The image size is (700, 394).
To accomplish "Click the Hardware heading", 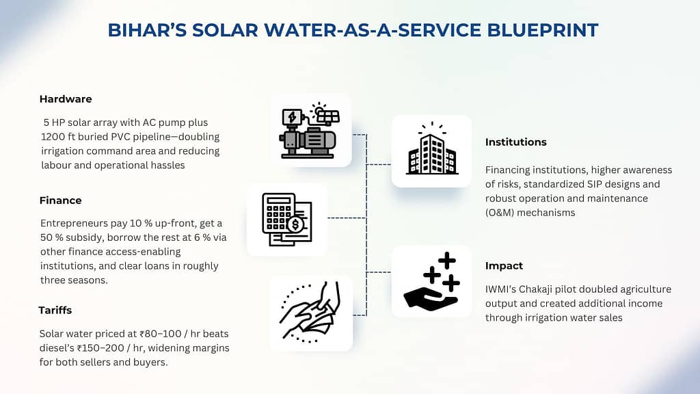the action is click(x=66, y=99).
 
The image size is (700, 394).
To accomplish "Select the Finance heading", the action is click(x=60, y=200).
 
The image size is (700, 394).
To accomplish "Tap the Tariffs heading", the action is click(x=55, y=310).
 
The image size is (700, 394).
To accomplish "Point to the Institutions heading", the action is click(x=515, y=142).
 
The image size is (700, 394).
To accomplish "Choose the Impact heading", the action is click(x=504, y=266).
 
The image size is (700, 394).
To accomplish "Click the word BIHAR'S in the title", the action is click(x=147, y=30).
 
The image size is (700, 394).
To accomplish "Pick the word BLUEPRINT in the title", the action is click(x=542, y=30).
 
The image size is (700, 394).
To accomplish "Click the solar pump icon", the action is click(x=310, y=131).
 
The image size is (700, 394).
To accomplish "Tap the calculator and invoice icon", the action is click(x=287, y=220).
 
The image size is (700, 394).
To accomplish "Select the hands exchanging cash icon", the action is click(x=311, y=313).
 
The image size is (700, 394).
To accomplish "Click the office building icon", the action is click(x=432, y=150).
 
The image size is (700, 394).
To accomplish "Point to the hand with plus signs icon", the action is click(x=431, y=281).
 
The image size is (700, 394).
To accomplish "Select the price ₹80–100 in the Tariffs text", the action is click(x=161, y=334).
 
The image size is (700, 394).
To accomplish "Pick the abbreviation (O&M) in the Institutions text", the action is click(x=500, y=213).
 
